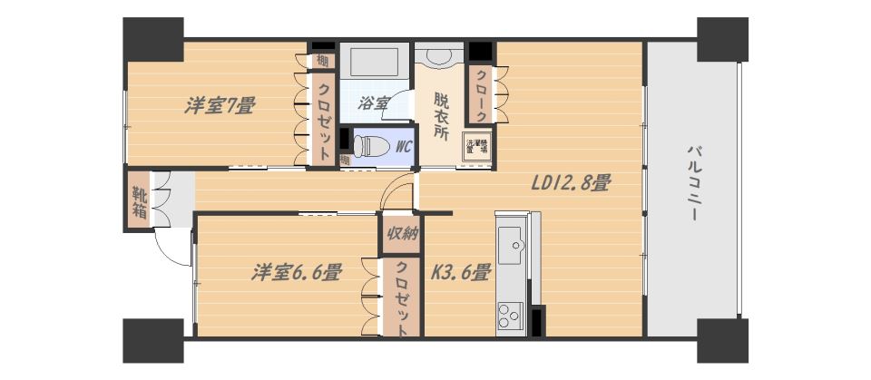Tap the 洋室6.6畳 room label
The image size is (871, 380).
[297, 271]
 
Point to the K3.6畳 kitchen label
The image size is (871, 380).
[460, 271]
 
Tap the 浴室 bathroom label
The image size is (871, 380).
[374, 103]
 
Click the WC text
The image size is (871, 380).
[404, 145]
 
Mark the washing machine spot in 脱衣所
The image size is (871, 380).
[477, 148]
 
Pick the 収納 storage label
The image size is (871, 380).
[401, 235]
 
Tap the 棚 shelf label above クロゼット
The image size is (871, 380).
[322, 62]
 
